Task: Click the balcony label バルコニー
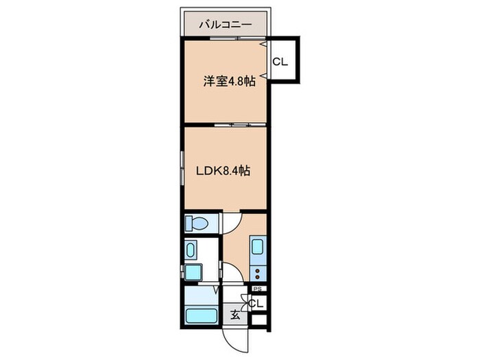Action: pyautogui.click(x=225, y=25)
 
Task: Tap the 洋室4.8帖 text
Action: pyautogui.click(x=228, y=81)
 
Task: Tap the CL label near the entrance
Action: pyautogui.click(x=257, y=303)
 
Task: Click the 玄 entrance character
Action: pyautogui.click(x=235, y=315)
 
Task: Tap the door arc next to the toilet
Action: pyautogui.click(x=230, y=221)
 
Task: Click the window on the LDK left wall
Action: pyautogui.click(x=182, y=167)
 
